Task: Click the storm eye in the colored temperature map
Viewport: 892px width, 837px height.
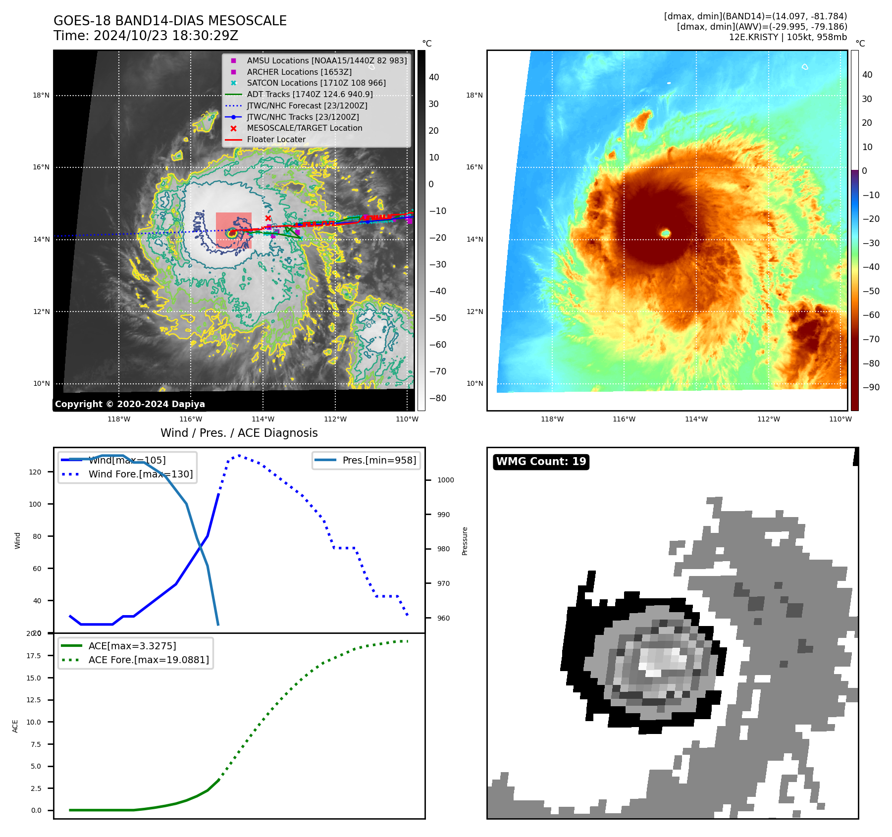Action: click(665, 233)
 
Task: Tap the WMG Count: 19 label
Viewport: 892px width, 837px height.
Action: click(541, 462)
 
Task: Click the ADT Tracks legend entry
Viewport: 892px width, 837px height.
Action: click(310, 94)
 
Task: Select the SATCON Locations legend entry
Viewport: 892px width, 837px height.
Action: click(316, 83)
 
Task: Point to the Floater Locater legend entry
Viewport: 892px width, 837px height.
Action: click(276, 139)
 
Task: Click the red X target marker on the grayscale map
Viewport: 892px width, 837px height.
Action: click(268, 218)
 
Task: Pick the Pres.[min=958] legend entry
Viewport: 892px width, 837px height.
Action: click(379, 460)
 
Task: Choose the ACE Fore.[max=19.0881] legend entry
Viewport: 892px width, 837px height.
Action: click(149, 660)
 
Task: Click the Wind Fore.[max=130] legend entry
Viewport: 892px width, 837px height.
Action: click(141, 474)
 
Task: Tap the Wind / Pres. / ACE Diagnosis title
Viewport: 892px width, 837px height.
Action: click(239, 433)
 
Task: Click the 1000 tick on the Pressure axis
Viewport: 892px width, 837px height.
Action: click(445, 480)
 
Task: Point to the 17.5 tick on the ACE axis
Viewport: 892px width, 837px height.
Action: click(34, 656)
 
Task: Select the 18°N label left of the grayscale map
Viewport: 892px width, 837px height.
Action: click(41, 95)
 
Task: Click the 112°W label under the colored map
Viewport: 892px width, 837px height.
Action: click(768, 419)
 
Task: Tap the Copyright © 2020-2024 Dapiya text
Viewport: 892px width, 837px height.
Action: click(130, 404)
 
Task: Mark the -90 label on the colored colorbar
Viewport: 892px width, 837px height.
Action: click(871, 387)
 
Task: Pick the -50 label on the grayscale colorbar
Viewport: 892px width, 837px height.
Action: click(437, 318)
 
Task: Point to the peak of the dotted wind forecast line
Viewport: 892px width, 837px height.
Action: click(239, 455)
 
